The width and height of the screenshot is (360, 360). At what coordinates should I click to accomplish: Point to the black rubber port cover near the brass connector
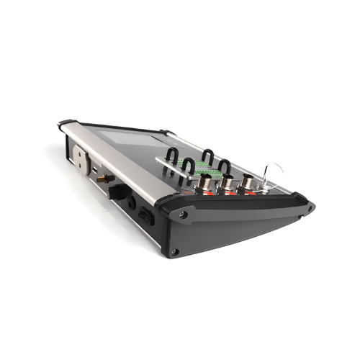coord(117,191)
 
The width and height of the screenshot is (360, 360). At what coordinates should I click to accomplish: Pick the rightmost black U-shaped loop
coord(224,167)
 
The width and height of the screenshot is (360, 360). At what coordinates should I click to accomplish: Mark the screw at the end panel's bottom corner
coord(175,251)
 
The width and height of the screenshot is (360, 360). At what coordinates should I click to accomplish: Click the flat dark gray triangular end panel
coord(230,230)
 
